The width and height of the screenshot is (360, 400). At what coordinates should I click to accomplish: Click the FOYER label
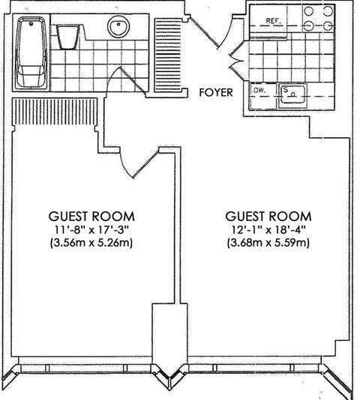point(216,92)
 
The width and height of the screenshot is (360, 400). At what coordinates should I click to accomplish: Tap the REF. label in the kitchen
point(274,21)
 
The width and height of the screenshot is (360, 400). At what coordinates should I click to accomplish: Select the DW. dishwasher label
point(259,91)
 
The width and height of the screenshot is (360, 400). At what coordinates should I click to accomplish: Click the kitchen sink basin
point(292,94)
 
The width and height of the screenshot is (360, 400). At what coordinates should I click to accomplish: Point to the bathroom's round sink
point(118,26)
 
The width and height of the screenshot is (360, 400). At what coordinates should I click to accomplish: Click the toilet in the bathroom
point(67,36)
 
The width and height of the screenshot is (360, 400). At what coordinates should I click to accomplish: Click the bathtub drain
point(31,24)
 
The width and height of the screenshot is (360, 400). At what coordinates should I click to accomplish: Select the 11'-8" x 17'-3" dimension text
point(91,230)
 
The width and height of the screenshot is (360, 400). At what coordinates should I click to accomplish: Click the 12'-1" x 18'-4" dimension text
point(268,230)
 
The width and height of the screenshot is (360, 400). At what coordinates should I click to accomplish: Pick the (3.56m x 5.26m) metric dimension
point(91,243)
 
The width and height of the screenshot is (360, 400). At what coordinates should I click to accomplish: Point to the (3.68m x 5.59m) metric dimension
point(268,243)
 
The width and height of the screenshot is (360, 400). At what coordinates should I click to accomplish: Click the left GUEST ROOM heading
point(91,216)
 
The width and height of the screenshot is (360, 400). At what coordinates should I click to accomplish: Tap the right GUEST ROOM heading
point(268,216)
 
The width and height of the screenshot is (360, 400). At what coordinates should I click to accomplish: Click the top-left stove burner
point(309,11)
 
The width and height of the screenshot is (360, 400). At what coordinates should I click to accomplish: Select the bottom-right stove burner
point(328,25)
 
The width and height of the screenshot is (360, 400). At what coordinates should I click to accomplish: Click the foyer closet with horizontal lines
point(168,55)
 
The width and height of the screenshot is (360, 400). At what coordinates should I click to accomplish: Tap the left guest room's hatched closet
point(55,112)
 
